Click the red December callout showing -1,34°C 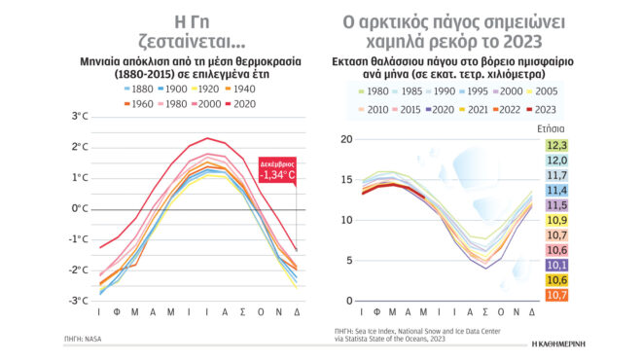tap(282, 168)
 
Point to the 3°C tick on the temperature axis tap(80, 117)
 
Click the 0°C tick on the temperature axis tap(80, 208)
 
